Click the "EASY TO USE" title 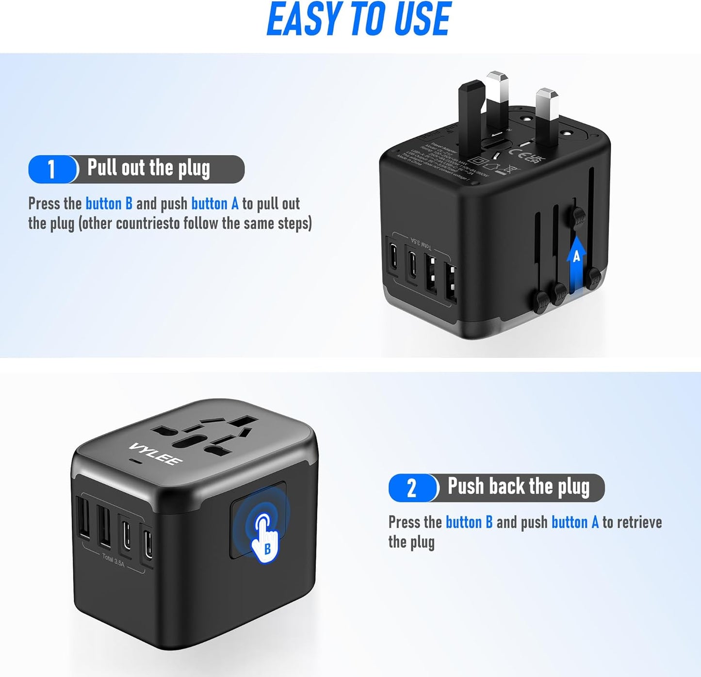point(359,19)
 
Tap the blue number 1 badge point(51,169)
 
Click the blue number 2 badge point(412,488)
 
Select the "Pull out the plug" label point(148,168)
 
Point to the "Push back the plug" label point(518,486)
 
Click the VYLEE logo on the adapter point(156,454)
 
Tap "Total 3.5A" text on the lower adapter point(114,560)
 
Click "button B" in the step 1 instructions point(109,204)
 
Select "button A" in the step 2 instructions point(575,522)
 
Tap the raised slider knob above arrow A point(578,216)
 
